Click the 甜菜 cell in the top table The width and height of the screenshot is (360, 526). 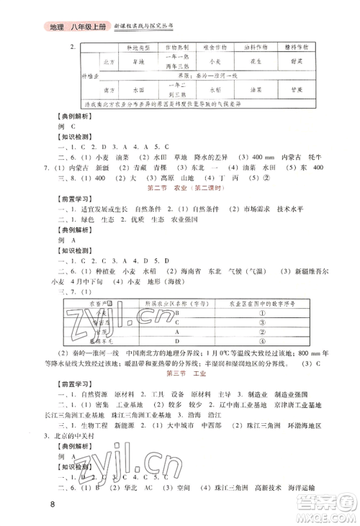tap(303, 62)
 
